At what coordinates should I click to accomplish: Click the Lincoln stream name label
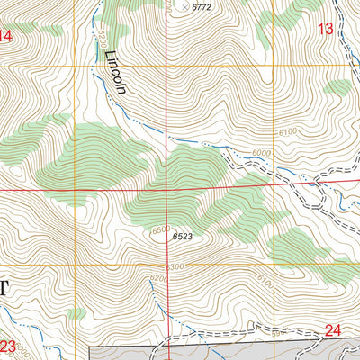[116, 71]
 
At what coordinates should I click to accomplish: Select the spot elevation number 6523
[182, 237]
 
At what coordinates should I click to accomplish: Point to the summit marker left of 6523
[167, 237]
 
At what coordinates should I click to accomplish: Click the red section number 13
[326, 29]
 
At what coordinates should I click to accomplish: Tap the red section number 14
[5, 36]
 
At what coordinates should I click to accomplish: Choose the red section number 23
[8, 346]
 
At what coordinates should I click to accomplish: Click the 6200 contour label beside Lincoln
[103, 40]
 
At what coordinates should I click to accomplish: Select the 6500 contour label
[162, 230]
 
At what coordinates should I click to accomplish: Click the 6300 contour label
[175, 266]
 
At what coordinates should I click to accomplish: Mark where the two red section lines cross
[166, 189]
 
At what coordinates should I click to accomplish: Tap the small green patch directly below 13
[338, 87]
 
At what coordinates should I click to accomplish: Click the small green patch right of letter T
[78, 312]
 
